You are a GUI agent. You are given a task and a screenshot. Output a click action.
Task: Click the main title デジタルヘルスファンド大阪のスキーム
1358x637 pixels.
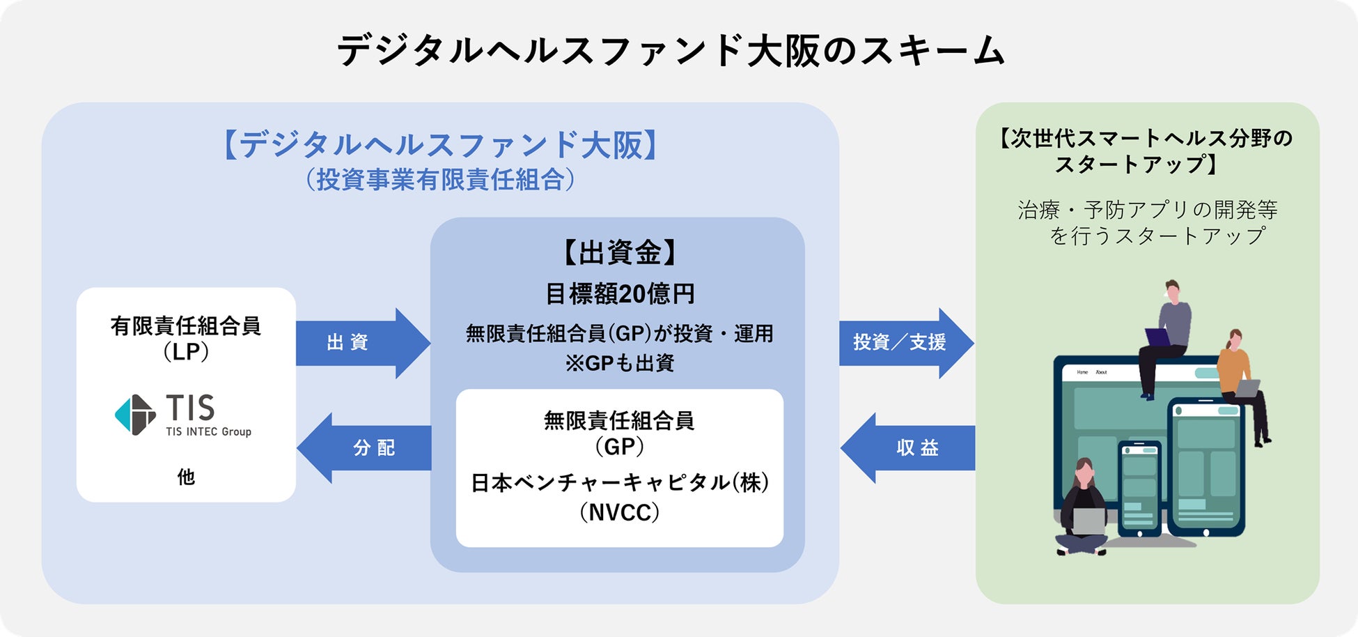click(671, 51)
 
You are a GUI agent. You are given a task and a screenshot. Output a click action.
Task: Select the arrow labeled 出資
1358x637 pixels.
click(363, 343)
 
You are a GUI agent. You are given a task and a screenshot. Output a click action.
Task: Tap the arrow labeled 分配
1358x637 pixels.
click(364, 447)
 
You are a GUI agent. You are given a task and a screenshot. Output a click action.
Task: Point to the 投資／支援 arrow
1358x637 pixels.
click(906, 343)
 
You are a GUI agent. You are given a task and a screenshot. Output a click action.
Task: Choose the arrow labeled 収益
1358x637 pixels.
click(908, 447)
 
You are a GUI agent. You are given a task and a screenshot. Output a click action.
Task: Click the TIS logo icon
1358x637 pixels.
click(135, 415)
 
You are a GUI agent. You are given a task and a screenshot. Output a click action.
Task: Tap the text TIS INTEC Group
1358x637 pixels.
click(208, 432)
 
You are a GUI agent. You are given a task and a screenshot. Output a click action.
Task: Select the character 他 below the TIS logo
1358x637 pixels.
click(186, 477)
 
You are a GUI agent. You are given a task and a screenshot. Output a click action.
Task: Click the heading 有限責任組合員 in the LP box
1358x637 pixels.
click(186, 325)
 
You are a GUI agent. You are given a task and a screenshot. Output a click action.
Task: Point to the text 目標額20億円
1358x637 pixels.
click(619, 293)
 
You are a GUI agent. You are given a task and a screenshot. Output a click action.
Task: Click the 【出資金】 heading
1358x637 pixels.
click(619, 252)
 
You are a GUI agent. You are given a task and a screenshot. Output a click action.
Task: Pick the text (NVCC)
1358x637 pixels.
click(619, 513)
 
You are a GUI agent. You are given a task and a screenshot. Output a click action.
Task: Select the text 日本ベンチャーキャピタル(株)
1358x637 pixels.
click(619, 482)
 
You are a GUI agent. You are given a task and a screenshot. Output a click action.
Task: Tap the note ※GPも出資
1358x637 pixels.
click(619, 363)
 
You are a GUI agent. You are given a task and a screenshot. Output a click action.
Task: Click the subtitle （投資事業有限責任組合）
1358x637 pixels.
click(440, 179)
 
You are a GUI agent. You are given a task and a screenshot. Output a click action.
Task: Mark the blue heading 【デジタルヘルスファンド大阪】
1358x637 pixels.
click(440, 145)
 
